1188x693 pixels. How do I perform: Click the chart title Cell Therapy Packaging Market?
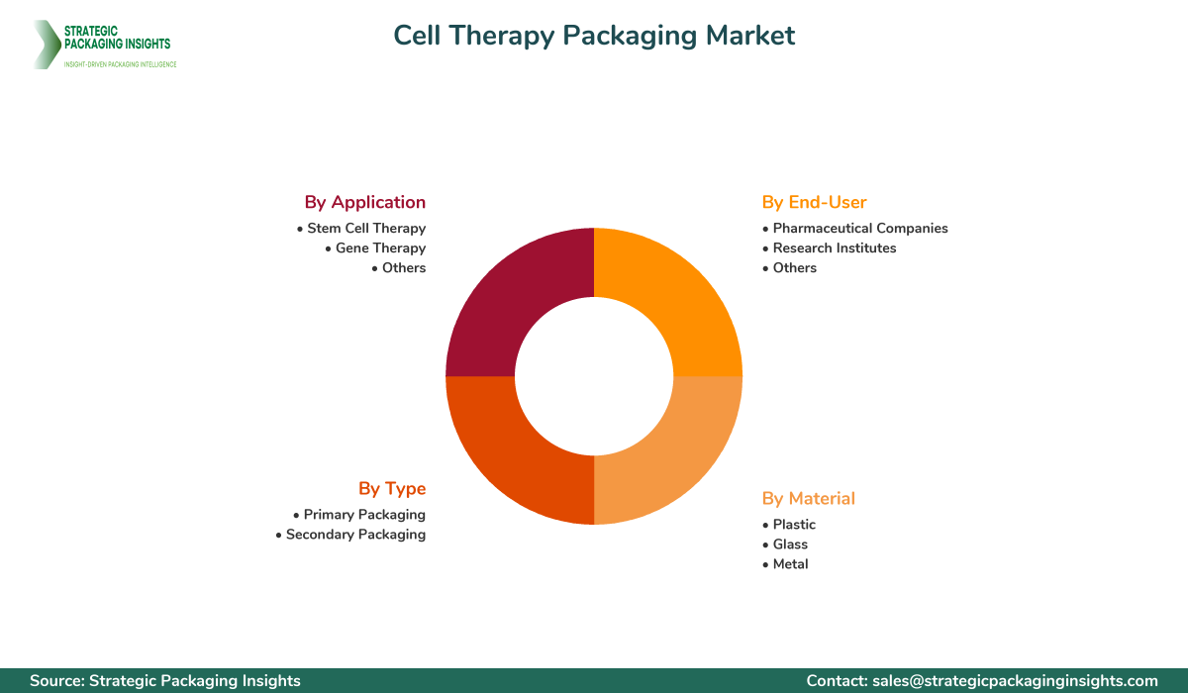tap(594, 36)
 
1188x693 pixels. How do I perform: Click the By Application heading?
tap(365, 203)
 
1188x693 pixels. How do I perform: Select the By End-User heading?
tap(814, 202)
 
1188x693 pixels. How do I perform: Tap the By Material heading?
tap(808, 498)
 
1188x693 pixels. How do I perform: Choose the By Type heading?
tap(392, 489)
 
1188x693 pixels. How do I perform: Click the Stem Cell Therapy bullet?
tap(361, 229)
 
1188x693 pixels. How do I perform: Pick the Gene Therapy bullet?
tap(375, 248)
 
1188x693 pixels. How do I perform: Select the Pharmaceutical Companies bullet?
tap(855, 229)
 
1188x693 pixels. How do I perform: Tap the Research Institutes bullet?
tap(830, 248)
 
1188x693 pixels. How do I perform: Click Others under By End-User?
tap(790, 267)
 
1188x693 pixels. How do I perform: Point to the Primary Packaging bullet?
tap(359, 515)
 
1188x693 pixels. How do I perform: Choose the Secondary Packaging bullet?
tap(350, 535)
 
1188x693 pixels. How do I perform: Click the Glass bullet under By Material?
tap(785, 544)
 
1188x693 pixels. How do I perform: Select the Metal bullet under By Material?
tap(785, 564)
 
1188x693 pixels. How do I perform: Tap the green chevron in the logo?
tap(47, 45)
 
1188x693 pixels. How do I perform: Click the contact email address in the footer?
tap(1015, 681)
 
